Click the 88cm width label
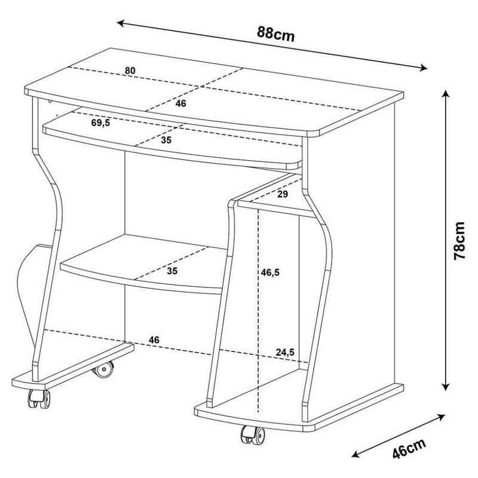(276, 34)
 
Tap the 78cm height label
(459, 241)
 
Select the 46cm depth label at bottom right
(409, 449)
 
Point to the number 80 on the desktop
(130, 71)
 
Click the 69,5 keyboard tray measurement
(100, 123)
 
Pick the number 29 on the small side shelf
(283, 194)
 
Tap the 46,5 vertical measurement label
(270, 272)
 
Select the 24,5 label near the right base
(286, 352)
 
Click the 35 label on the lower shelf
(172, 271)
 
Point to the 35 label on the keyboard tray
(167, 140)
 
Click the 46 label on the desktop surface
(181, 103)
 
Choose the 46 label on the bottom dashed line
(154, 340)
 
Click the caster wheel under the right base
(253, 435)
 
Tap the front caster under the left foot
(39, 399)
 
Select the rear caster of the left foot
(103, 369)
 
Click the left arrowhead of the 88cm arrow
(121, 23)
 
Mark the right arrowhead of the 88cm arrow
(424, 68)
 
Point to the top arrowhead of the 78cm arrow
(446, 94)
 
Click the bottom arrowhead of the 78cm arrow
(446, 387)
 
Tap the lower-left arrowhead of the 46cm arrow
(356, 454)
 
